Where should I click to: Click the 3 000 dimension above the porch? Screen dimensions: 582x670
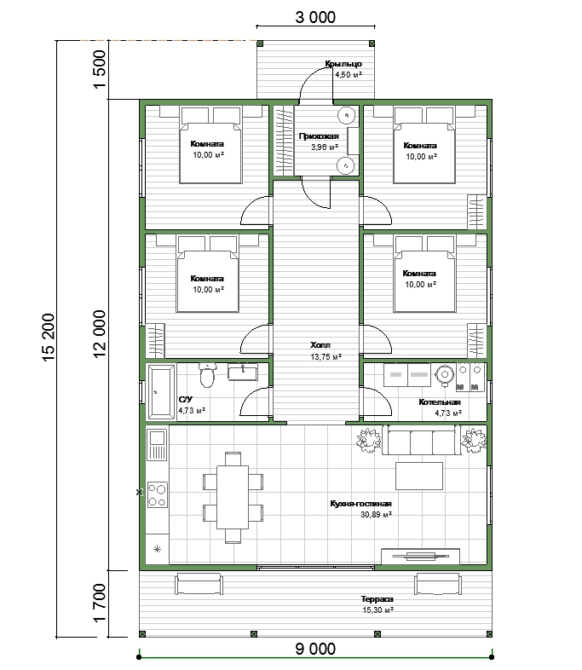[315, 18]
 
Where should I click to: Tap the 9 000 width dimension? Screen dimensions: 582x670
[315, 649]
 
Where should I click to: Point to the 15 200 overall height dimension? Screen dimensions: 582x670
[49, 338]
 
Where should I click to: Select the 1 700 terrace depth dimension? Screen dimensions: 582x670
[99, 603]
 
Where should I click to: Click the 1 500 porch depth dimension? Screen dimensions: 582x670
[99, 69]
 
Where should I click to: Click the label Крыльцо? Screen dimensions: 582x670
[343, 64]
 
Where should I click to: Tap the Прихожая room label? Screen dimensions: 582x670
[319, 136]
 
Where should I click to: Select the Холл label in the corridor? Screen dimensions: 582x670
[320, 345]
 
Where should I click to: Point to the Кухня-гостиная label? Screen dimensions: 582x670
[360, 504]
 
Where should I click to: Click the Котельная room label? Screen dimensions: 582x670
[440, 402]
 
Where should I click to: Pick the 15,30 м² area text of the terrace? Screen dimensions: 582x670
[377, 610]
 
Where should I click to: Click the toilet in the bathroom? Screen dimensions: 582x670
[208, 375]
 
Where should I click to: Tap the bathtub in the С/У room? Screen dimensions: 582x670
[161, 392]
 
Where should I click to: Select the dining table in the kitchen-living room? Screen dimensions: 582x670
[233, 497]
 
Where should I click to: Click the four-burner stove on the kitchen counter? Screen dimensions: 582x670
[157, 494]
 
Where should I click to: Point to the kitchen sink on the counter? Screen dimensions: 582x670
[157, 444]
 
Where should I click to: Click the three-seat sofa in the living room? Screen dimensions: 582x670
[422, 440]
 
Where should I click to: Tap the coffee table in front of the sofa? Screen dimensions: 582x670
[419, 476]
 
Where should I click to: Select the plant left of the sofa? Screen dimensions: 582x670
[368, 440]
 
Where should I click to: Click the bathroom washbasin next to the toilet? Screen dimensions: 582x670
[243, 372]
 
